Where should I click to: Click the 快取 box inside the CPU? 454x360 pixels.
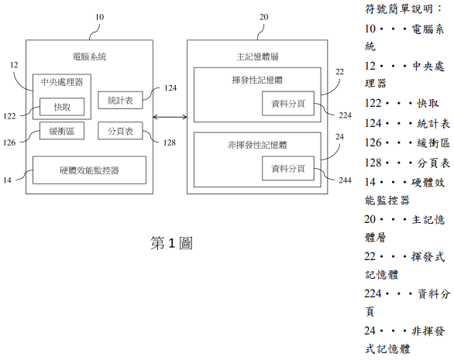[x=62, y=107]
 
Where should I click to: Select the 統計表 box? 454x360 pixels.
[x=120, y=100]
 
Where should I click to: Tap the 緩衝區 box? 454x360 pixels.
[x=62, y=131]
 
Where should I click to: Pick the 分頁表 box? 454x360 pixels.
[x=120, y=131]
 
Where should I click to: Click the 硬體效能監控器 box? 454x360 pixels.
[x=89, y=170]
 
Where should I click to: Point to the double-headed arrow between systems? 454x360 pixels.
[x=170, y=117]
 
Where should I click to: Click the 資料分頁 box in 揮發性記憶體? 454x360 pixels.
[x=288, y=104]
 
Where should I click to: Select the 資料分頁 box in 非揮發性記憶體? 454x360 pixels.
[x=288, y=169]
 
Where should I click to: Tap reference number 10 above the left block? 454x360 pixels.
[x=100, y=17]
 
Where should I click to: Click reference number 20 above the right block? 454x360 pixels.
[x=263, y=17]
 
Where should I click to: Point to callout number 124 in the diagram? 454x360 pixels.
[x=170, y=87]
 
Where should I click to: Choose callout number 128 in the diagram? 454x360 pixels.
[x=170, y=142]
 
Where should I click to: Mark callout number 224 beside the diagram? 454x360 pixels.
[x=345, y=115]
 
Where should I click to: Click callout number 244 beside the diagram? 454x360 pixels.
[x=345, y=180]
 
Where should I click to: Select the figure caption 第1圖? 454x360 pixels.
[x=171, y=243]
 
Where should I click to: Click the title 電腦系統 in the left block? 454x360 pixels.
[x=89, y=57]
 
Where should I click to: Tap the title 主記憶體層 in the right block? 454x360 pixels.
[x=257, y=57]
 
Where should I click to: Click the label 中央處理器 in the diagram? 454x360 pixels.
[x=62, y=82]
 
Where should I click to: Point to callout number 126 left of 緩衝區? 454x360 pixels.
[x=9, y=142]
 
